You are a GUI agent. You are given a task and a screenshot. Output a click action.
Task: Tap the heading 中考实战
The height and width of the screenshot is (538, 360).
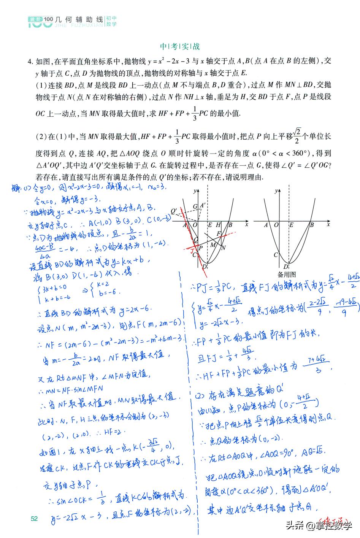click(180, 47)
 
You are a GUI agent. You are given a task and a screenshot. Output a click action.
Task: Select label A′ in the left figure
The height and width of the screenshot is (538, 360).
click(203, 206)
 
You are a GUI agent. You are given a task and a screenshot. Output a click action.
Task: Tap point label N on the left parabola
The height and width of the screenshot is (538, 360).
click(224, 248)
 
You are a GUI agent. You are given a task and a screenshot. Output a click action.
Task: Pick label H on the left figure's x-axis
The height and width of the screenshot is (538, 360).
click(218, 225)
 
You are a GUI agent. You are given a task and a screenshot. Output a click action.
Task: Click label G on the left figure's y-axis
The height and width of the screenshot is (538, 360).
click(195, 206)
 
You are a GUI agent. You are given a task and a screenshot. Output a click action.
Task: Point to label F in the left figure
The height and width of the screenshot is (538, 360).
click(219, 233)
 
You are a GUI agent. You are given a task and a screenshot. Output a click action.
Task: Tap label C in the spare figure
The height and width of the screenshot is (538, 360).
click(276, 254)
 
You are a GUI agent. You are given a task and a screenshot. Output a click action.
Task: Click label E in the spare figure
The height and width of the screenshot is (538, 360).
click(291, 225)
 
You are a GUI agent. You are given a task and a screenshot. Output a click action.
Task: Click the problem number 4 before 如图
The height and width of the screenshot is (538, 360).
click(29, 61)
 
